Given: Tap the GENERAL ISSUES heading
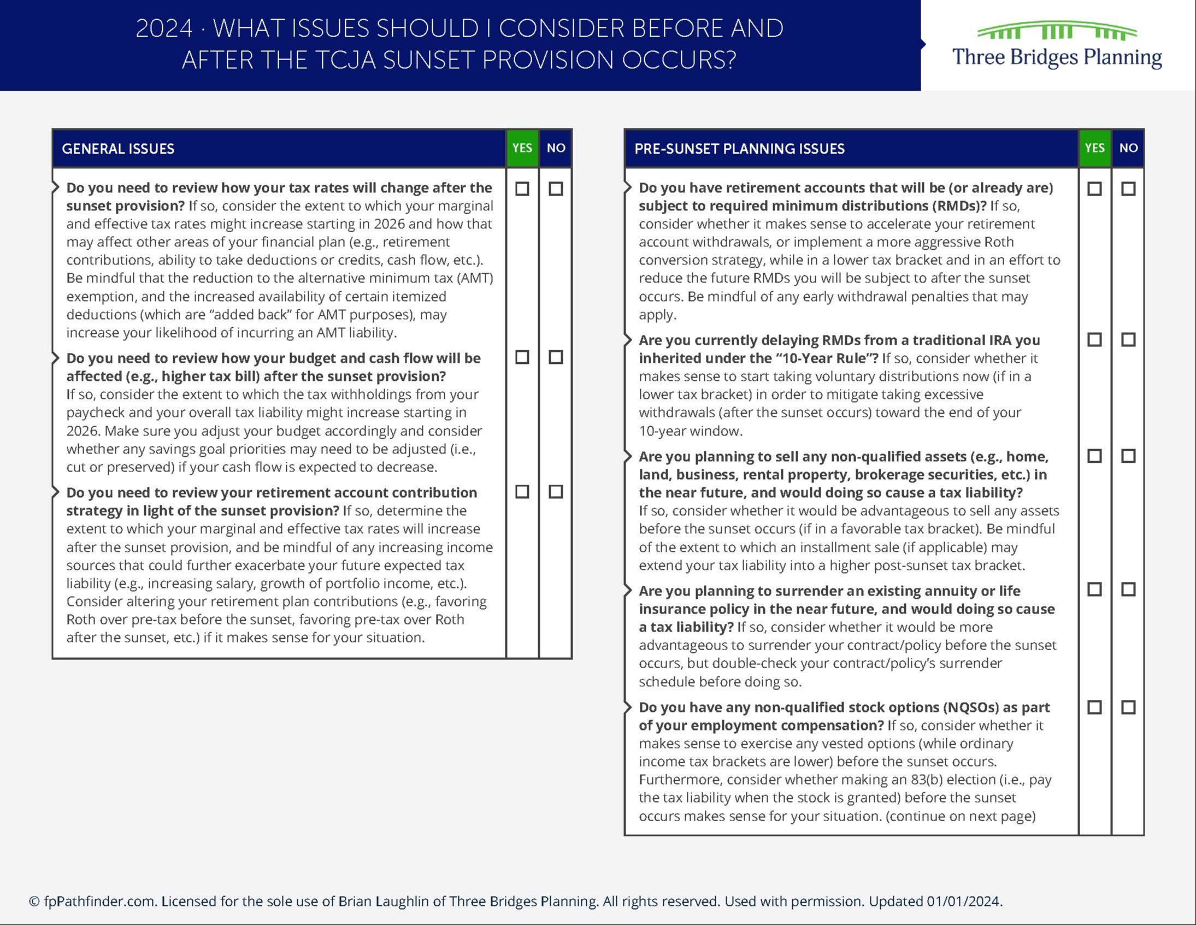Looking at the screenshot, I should coord(117,149).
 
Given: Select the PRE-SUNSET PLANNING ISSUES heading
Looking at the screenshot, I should coord(739,149).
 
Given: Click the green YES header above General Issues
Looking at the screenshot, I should coord(522,148).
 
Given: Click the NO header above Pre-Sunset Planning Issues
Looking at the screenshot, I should coord(1128,148).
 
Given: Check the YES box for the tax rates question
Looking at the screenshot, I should coord(522,189).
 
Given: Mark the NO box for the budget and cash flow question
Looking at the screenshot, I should coord(556,357).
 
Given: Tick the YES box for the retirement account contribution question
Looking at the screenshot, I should coord(522,492).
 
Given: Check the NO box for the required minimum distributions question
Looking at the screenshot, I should coord(1128,189).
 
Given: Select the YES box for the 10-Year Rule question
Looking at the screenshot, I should coord(1095,339).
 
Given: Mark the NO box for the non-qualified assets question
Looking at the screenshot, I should coord(1128,456).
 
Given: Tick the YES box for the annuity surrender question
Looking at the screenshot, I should coord(1095,590).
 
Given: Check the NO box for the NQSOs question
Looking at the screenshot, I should coord(1128,708).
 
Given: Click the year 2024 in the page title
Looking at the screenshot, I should coord(164,28).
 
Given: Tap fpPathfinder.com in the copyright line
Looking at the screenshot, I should coord(99,902).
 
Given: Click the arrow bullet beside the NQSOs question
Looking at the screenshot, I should coord(628,707).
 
